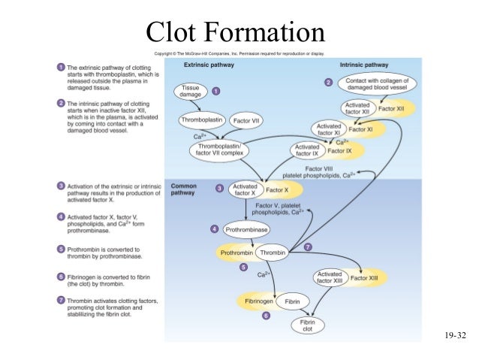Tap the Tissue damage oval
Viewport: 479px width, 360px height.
(x=191, y=92)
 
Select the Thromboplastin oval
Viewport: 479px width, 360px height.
(x=201, y=119)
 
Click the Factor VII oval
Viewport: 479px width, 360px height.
(x=246, y=120)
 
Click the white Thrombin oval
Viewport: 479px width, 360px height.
(x=272, y=253)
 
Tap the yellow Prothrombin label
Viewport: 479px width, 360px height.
(x=236, y=253)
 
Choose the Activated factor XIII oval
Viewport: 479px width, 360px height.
(x=330, y=278)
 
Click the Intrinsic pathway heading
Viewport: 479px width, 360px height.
(x=366, y=65)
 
